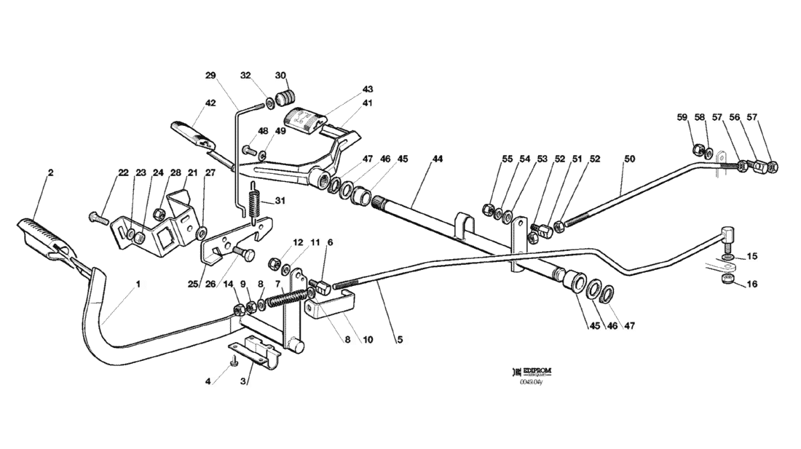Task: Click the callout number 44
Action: (x=437, y=159)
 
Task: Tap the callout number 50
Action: (x=629, y=159)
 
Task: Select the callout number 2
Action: (x=50, y=173)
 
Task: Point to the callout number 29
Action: (x=210, y=76)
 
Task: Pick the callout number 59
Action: (x=682, y=117)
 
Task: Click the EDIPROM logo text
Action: (x=537, y=370)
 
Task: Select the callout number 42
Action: (x=210, y=103)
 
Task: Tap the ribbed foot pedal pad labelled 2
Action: (x=40, y=232)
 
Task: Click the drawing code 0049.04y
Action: (x=532, y=381)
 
